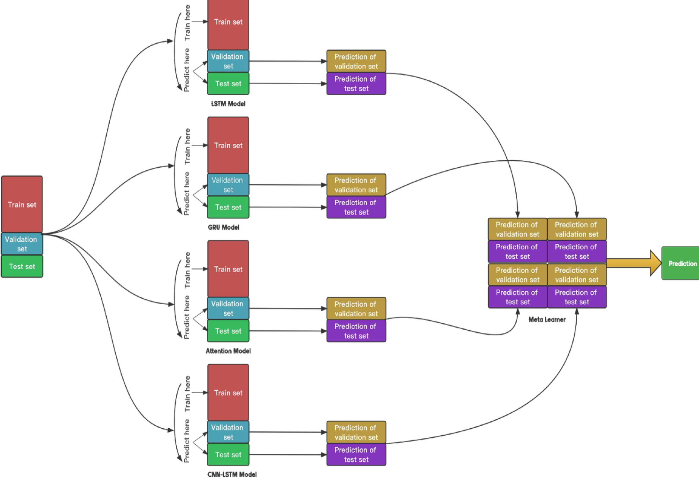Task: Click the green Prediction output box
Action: tap(680, 263)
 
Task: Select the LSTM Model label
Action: tap(228, 104)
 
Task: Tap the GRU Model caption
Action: tap(223, 227)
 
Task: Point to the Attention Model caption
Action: tap(228, 351)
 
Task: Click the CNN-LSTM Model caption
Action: tap(232, 474)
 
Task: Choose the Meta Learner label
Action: tap(547, 319)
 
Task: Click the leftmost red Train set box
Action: tap(22, 204)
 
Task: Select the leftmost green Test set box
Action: tap(22, 266)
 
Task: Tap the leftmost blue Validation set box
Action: tap(22, 244)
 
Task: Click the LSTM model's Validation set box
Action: tap(228, 61)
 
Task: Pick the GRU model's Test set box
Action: tap(228, 207)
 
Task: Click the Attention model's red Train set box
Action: tap(228, 269)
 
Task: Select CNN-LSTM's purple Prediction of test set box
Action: tap(356, 455)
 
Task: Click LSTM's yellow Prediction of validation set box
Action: tap(356, 61)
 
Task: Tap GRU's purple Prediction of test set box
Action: tap(356, 207)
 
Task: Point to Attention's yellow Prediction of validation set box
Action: tap(356, 309)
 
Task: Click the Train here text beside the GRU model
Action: tap(187, 146)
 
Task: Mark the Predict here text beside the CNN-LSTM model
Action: tap(187, 440)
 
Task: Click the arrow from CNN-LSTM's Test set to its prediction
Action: tap(287, 455)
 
